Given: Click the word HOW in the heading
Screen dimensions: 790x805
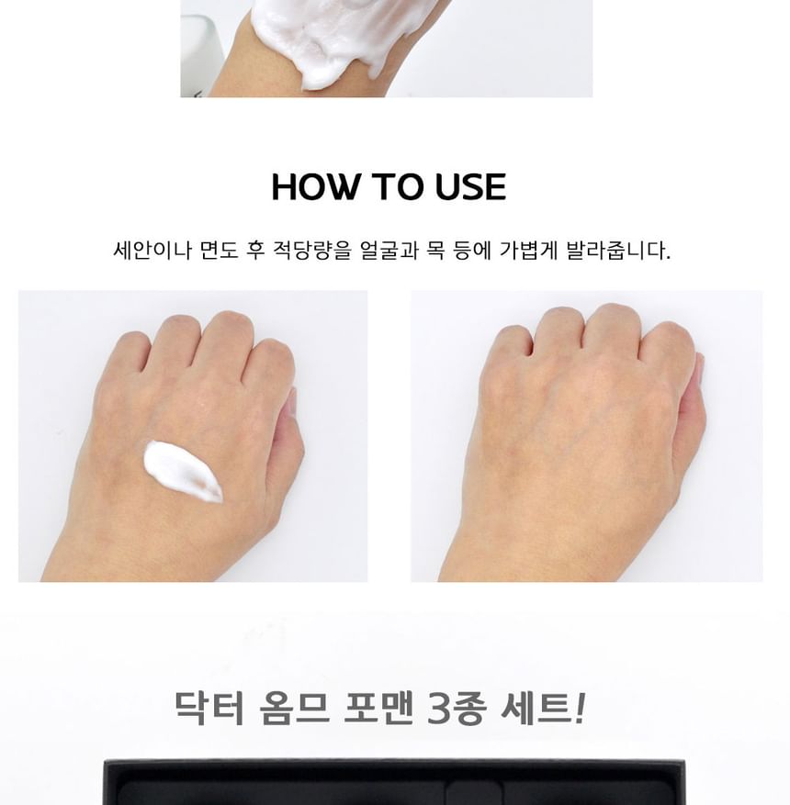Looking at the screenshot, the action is [314, 186].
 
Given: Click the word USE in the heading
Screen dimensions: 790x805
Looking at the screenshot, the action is [470, 186].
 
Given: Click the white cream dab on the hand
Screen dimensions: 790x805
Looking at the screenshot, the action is [184, 471].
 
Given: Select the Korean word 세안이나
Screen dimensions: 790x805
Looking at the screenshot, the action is [152, 251].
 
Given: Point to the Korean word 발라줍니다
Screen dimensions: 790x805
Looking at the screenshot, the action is [618, 251].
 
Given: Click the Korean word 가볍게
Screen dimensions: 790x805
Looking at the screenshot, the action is [528, 251].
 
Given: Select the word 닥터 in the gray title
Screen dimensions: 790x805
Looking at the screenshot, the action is [209, 708].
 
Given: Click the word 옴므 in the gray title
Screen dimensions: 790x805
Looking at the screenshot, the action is [294, 708].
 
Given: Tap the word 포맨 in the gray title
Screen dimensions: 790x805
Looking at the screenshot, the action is [378, 708].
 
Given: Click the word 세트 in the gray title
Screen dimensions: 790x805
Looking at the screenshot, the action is [535, 708].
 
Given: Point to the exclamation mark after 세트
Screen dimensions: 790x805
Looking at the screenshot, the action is [579, 708].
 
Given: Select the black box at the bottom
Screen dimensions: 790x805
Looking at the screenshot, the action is [394, 781].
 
